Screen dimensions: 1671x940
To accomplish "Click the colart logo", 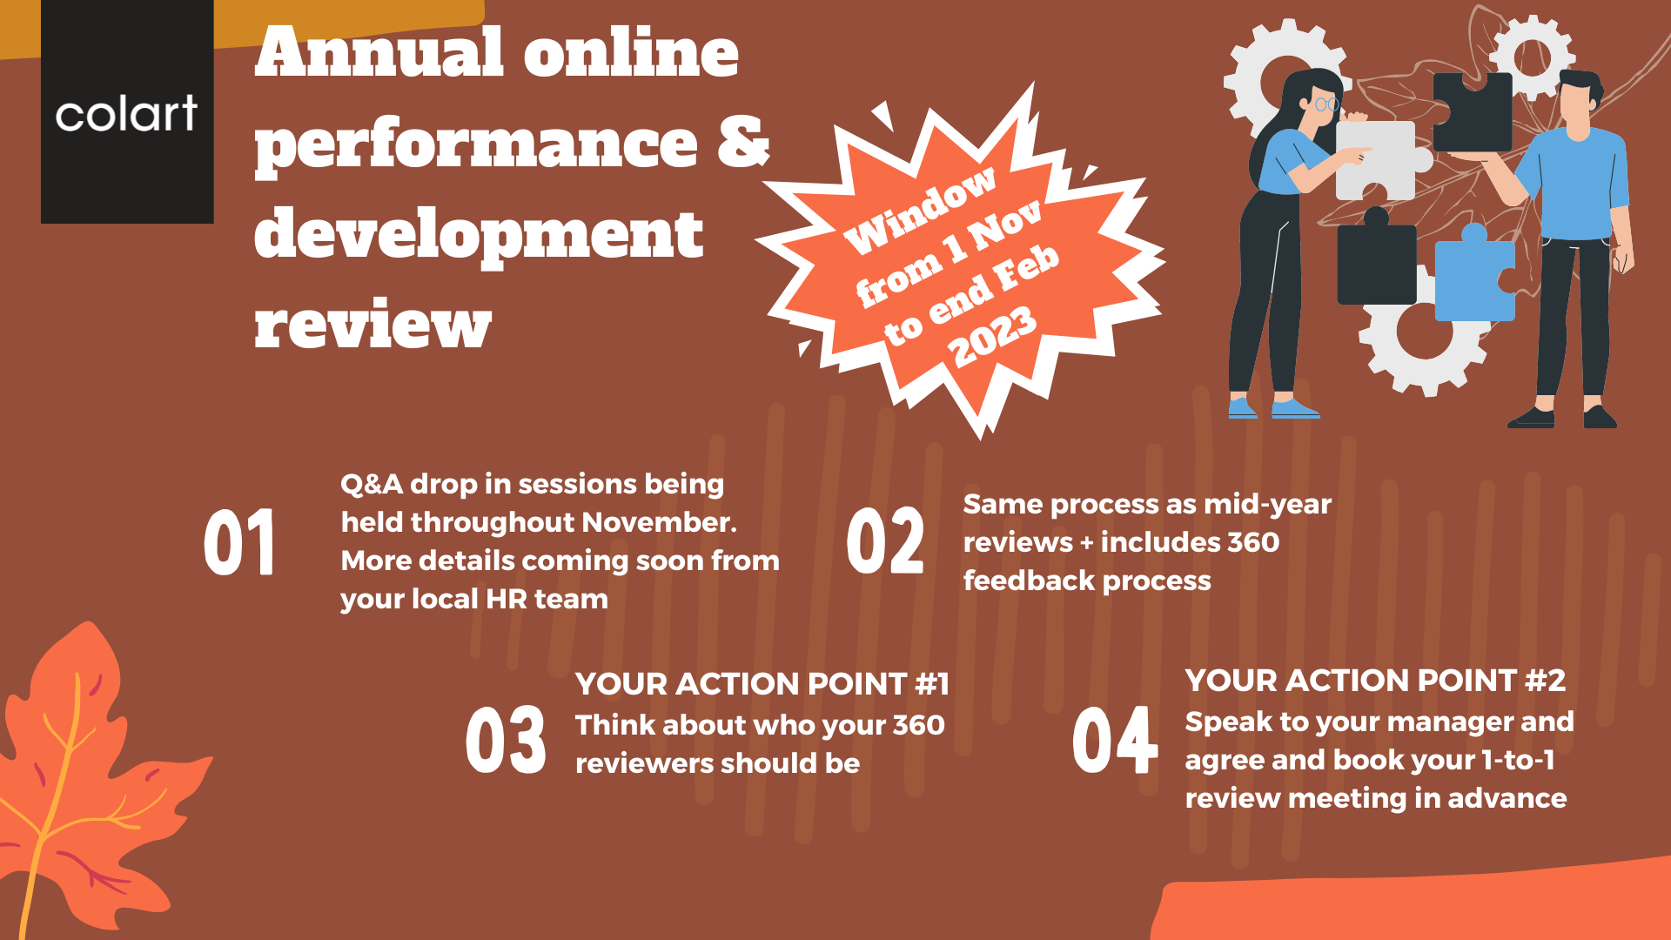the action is [x=127, y=112].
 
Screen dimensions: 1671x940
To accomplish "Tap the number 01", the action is [x=239, y=542].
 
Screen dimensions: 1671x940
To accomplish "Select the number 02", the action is [x=885, y=540].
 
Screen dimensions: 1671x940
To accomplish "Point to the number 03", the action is [x=506, y=740].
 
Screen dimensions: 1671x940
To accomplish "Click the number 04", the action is [x=1115, y=740].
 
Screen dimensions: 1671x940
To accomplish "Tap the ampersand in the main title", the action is [x=744, y=141].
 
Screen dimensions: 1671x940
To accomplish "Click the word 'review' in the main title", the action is [x=373, y=325].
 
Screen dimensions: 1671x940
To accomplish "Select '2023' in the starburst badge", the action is [x=993, y=336].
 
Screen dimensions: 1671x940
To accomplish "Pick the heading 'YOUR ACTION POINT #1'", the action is [x=762, y=684].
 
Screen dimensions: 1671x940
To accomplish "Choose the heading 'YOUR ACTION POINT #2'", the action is [x=1375, y=681].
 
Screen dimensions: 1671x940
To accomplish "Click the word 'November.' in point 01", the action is [x=660, y=522].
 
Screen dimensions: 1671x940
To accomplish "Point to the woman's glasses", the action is [x=1325, y=104].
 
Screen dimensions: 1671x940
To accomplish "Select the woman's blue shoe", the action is [x=1294, y=408].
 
